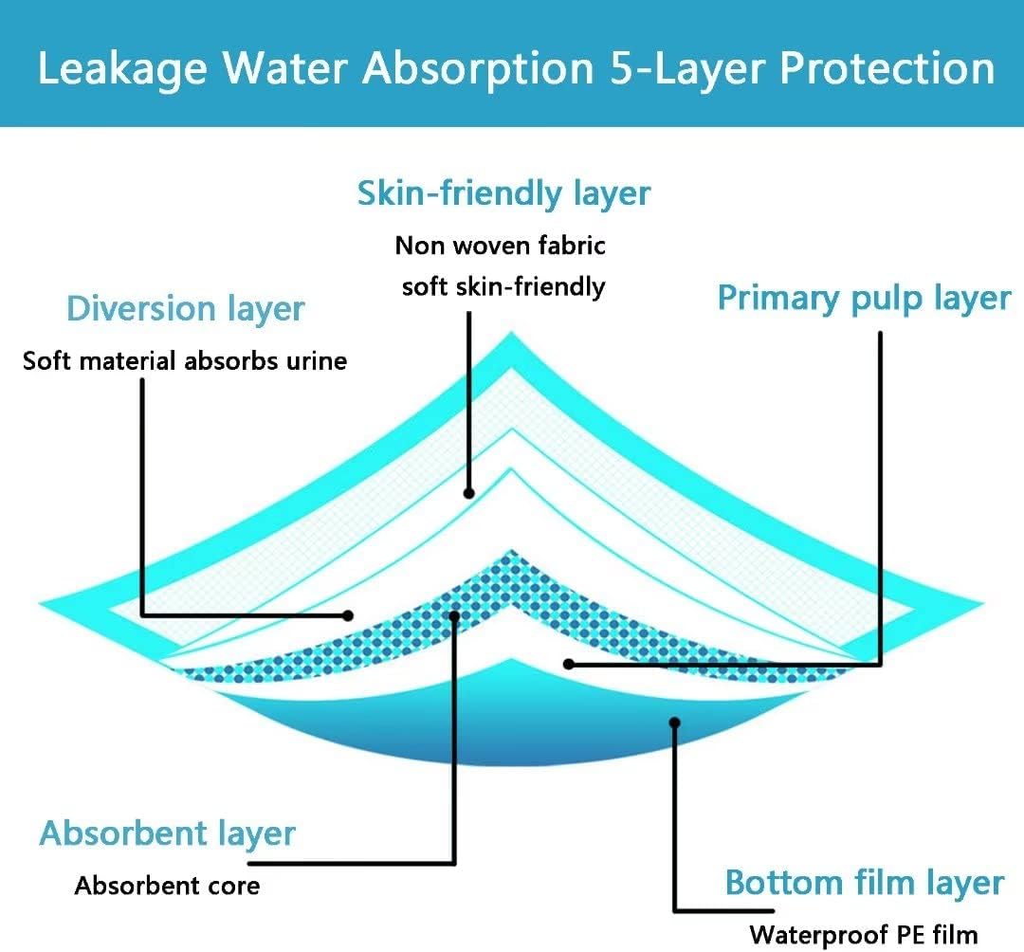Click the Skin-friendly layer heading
point(503,193)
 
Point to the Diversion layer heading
point(186,309)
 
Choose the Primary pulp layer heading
point(864,298)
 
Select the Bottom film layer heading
point(864,882)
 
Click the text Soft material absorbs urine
point(185,360)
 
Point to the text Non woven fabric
point(501,246)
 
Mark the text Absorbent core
point(167,886)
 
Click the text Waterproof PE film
point(863,933)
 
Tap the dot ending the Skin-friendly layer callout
point(468,493)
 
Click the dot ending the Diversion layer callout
point(348,614)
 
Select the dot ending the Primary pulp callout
point(569,664)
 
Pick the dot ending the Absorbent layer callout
point(454,616)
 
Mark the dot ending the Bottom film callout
point(674,723)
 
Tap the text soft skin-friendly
point(503,286)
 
